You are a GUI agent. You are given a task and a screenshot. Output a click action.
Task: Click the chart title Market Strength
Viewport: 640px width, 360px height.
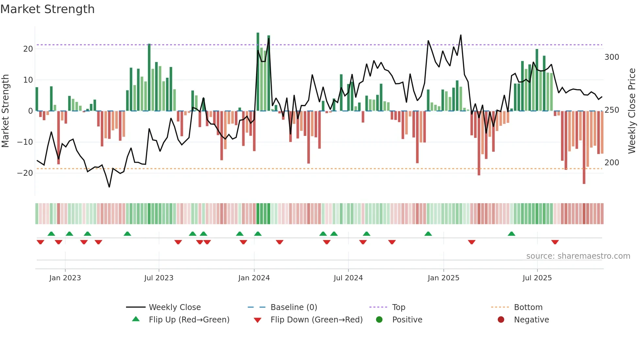[47, 9]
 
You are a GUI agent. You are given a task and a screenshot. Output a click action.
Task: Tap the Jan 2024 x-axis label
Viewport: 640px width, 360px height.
[254, 278]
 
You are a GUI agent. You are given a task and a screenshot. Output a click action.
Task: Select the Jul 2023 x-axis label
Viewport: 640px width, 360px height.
[159, 278]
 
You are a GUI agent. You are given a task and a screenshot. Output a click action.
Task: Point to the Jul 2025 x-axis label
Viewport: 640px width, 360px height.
[537, 278]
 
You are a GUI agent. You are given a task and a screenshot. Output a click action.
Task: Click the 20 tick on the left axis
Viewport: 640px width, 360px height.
[28, 49]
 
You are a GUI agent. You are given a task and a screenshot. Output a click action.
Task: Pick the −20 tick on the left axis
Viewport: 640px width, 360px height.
[25, 173]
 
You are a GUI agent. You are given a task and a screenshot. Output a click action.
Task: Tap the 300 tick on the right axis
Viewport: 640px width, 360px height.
[612, 57]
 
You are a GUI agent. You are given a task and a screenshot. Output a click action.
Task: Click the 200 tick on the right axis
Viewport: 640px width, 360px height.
[612, 163]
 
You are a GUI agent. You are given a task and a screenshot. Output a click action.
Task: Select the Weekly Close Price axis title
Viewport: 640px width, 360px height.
[632, 111]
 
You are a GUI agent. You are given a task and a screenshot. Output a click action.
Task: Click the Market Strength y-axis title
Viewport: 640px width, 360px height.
[5, 111]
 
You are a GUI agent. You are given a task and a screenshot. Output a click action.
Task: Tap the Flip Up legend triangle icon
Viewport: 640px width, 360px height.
[136, 319]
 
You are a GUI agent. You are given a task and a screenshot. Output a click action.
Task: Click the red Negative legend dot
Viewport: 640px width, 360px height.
[501, 319]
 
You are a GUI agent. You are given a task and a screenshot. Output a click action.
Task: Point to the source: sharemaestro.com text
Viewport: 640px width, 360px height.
[578, 256]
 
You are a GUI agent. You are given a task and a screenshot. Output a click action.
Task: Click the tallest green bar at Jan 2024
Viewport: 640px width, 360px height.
[258, 72]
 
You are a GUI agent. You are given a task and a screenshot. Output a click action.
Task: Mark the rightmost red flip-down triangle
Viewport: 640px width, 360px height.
[555, 242]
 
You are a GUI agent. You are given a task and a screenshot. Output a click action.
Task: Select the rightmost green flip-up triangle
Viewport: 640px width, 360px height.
[511, 234]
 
